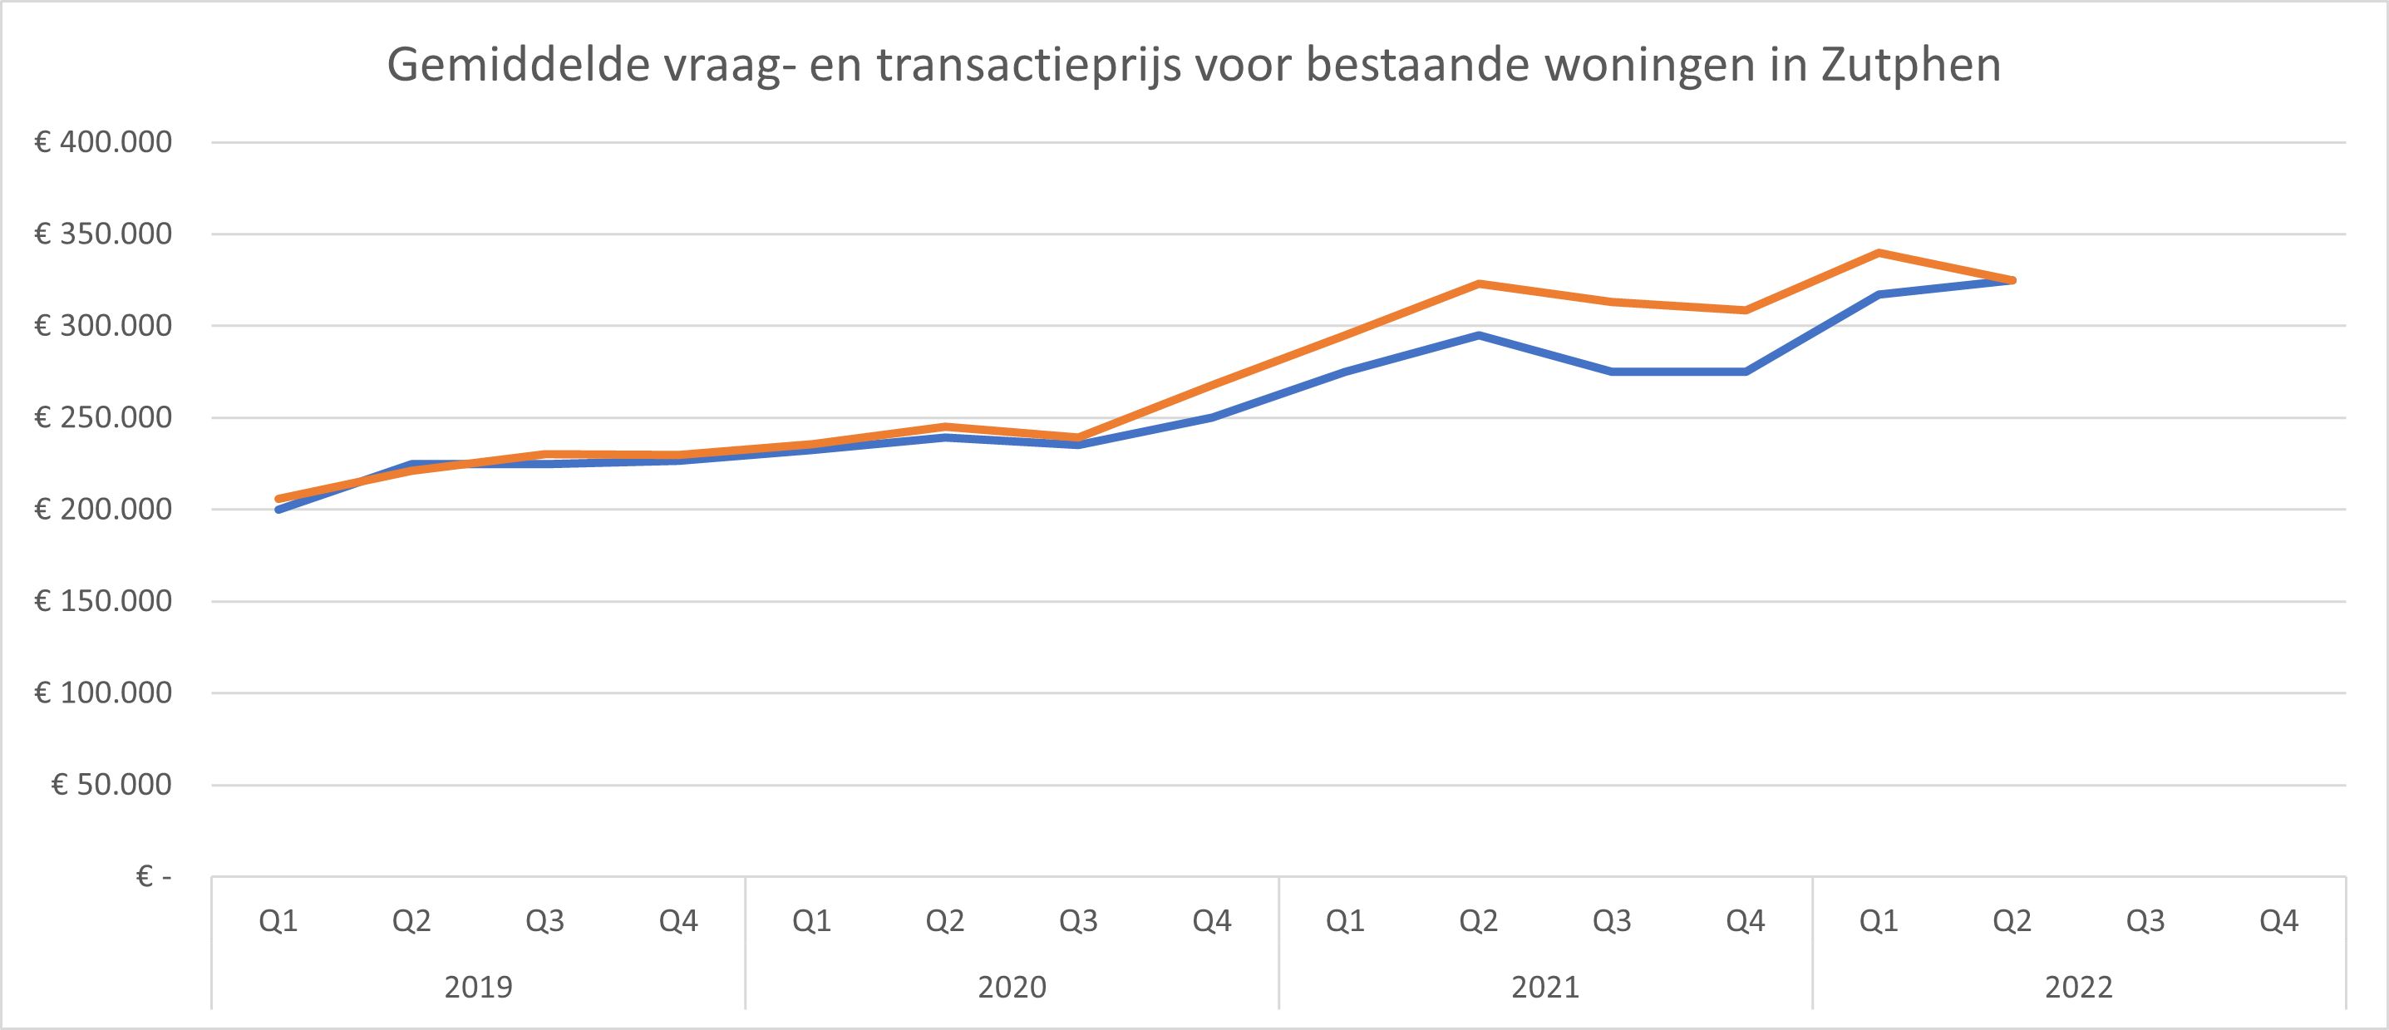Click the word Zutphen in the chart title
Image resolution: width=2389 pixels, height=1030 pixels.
[1910, 65]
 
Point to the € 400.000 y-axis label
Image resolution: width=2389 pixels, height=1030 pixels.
[103, 142]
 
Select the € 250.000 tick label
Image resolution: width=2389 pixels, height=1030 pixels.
[103, 417]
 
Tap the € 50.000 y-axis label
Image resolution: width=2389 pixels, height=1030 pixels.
[111, 784]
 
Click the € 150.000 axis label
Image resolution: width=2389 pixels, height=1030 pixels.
[103, 601]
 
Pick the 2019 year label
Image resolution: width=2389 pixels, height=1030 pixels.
[478, 987]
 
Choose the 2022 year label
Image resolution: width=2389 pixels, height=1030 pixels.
[2078, 987]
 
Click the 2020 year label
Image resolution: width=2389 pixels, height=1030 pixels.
[1012, 987]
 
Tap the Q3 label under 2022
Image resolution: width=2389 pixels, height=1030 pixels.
[2145, 920]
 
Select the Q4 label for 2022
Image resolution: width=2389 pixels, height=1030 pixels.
[2278, 920]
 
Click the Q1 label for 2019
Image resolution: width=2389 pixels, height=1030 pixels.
[278, 920]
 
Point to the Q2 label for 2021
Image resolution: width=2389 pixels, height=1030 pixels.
[1478, 920]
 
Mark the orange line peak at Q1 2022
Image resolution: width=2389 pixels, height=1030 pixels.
[1879, 253]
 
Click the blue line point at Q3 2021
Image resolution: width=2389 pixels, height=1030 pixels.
[1612, 372]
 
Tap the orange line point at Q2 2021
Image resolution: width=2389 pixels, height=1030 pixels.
[1478, 283]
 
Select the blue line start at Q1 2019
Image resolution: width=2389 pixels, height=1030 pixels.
[279, 509]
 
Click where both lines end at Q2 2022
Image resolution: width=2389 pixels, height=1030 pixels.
[2012, 280]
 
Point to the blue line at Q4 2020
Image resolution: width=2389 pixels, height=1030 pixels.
[1212, 417]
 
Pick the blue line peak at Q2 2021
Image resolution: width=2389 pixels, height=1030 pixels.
[1478, 336]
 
